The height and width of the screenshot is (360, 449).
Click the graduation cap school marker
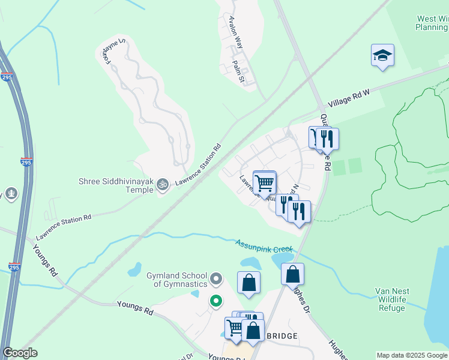click(x=382, y=56)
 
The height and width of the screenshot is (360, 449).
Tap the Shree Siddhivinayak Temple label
click(x=116, y=185)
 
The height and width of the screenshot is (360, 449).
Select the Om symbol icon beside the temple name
click(x=162, y=186)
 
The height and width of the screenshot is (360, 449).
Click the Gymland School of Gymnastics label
click(x=176, y=280)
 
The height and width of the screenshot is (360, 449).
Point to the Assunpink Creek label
click(x=264, y=245)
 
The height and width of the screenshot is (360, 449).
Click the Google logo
click(x=20, y=353)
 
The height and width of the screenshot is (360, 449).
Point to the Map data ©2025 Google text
click(x=412, y=355)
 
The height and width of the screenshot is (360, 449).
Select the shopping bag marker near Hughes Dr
click(x=292, y=274)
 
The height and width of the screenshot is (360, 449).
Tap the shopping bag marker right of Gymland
click(x=249, y=283)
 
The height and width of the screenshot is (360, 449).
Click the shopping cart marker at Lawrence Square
click(x=265, y=182)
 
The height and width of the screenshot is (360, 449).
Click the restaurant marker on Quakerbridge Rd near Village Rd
click(x=327, y=139)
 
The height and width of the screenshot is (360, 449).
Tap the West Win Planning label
click(x=432, y=23)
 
